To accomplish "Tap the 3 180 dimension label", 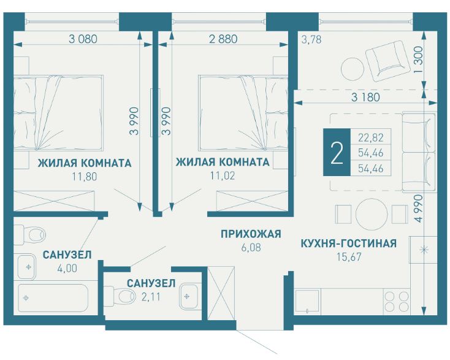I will (365, 97).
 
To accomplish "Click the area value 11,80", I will (85, 176).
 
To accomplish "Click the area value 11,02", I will (222, 176).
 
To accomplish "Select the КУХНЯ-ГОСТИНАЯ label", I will (348, 243).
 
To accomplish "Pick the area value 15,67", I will (348, 257).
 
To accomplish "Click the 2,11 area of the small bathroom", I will (151, 297).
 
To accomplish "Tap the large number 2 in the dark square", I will (336, 154).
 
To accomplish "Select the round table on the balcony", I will (353, 67).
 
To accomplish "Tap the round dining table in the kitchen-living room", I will (372, 213).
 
